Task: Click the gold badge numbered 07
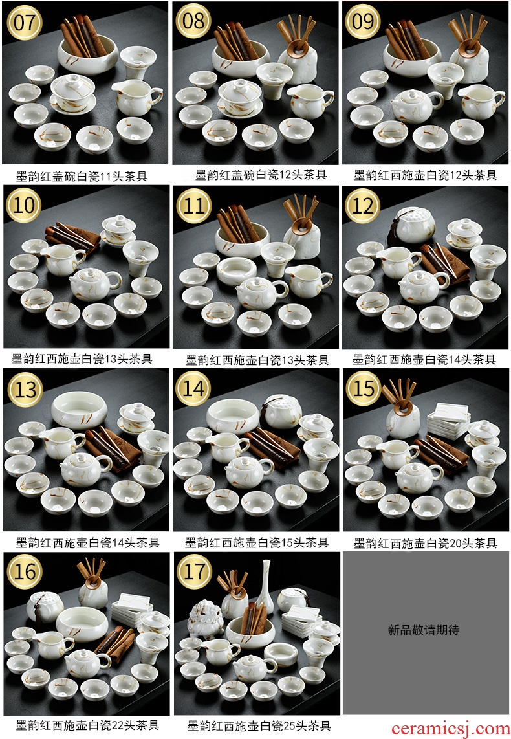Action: click(x=25, y=22)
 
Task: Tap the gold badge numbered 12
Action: click(x=363, y=206)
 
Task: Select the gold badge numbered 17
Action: click(x=193, y=571)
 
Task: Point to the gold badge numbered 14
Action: click(x=193, y=389)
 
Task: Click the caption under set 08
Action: click(x=261, y=175)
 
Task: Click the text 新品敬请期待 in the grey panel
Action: click(x=424, y=630)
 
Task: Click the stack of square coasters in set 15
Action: click(x=448, y=420)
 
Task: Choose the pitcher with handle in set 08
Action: click(x=310, y=101)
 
